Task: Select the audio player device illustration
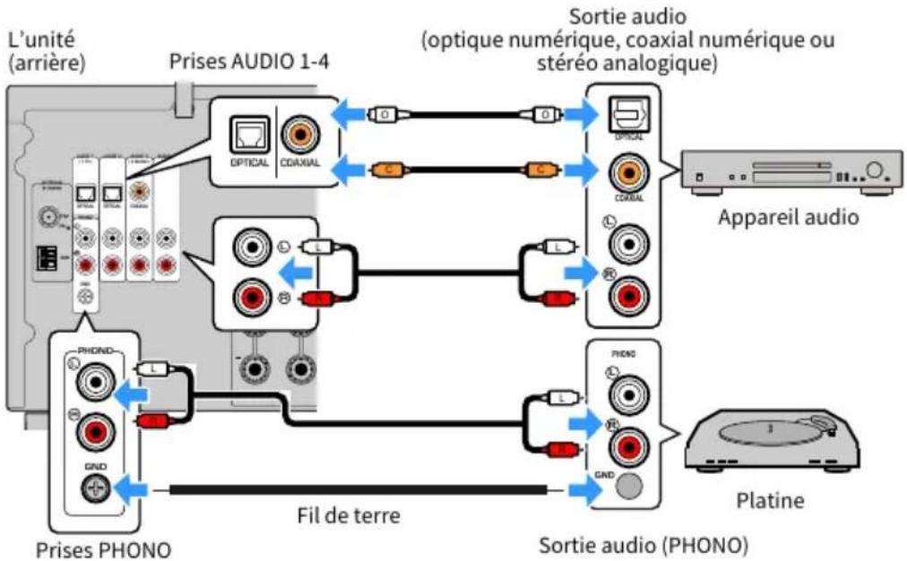click(787, 172)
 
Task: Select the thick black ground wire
click(358, 489)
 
